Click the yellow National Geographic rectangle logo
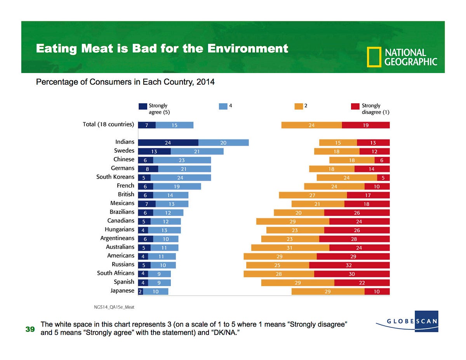374,57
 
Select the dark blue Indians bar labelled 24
168,143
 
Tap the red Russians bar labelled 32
349,265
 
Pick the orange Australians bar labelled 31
290,247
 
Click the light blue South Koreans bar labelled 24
181,177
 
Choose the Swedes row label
124,151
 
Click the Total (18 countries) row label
108,125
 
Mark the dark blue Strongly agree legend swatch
143,106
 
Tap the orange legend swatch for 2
299,106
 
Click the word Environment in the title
247,49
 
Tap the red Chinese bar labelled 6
382,160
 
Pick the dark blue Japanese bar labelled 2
140,291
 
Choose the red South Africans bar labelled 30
351,274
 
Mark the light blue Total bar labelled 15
174,125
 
